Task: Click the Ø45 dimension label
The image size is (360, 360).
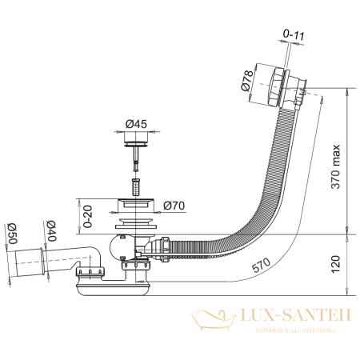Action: pyautogui.click(x=134, y=123)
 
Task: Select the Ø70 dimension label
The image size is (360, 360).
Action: pyautogui.click(x=174, y=206)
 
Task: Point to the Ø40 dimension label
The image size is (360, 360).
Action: pyautogui.click(x=49, y=232)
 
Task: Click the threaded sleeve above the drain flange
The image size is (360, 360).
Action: pyautogui.click(x=134, y=187)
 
